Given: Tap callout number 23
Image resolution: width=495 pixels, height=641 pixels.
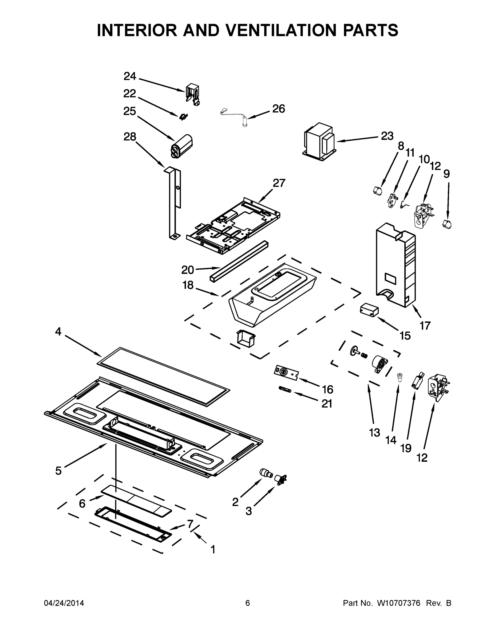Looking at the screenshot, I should [x=387, y=136].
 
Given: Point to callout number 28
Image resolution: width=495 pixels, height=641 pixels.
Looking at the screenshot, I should [x=130, y=137].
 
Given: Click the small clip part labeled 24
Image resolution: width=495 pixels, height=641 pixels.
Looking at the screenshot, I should [x=193, y=94].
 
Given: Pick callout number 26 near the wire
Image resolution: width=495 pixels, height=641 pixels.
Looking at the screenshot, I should [x=278, y=109].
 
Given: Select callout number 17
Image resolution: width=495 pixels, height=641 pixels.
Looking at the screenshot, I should [x=425, y=326].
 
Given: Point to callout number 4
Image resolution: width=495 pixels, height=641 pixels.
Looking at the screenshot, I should [x=58, y=332].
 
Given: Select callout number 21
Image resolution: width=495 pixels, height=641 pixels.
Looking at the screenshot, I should [x=327, y=404].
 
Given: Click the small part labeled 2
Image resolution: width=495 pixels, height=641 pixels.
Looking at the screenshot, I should [x=266, y=473].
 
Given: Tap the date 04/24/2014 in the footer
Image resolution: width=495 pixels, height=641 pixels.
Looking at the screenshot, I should [x=64, y=603].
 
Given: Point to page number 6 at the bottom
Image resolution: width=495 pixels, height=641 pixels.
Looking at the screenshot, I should [x=248, y=603].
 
